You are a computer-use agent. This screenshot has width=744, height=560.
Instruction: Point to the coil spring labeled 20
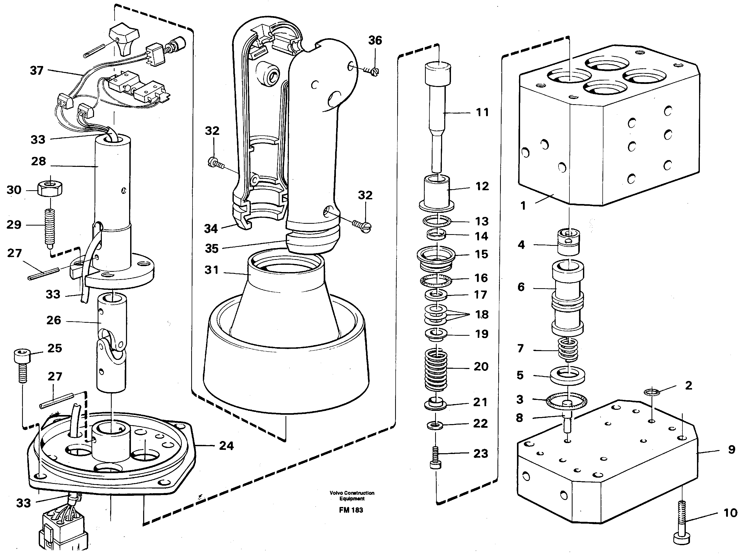point(436,369)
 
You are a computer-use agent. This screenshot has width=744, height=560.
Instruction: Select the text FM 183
point(351,510)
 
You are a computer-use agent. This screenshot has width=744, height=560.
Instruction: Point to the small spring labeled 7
point(568,349)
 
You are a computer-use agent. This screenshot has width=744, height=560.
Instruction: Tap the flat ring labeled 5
point(567,376)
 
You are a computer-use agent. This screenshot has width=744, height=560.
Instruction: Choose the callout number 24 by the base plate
point(226,446)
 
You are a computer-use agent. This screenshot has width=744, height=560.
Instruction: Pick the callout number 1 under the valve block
point(523,205)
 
